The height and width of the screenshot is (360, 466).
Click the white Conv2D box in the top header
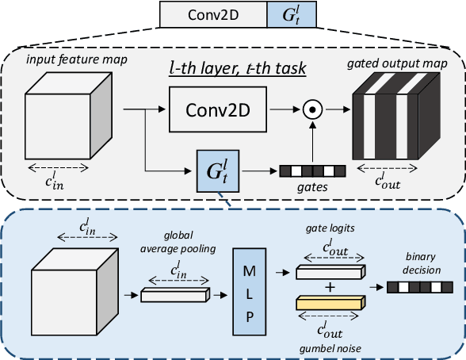[212, 14]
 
